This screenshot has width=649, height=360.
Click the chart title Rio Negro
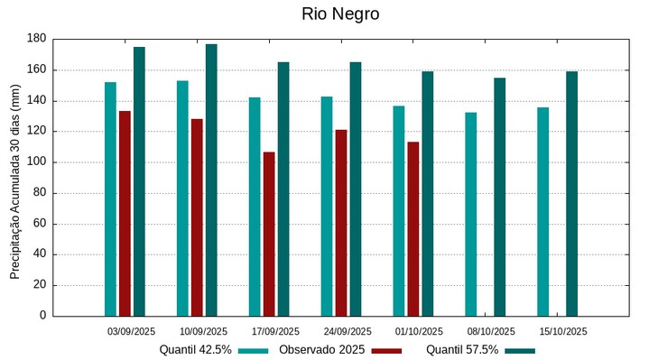(340, 14)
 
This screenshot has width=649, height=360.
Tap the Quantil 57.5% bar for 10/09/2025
(211, 180)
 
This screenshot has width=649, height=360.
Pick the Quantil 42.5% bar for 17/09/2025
(255, 206)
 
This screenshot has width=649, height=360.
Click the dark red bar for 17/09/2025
(269, 234)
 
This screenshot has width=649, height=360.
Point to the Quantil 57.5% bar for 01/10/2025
(428, 193)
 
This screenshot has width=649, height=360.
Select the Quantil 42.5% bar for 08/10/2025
(471, 214)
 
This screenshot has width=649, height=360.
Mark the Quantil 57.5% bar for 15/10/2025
(572, 193)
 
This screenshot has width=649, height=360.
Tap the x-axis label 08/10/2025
(491, 331)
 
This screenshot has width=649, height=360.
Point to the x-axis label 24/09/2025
(347, 331)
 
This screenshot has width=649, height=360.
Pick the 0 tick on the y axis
(42, 316)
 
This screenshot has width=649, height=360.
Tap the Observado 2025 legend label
(321, 349)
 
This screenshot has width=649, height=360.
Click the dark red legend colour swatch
(386, 350)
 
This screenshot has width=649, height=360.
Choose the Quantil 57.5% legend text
(462, 349)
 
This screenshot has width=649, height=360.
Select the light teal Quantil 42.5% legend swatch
(254, 350)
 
